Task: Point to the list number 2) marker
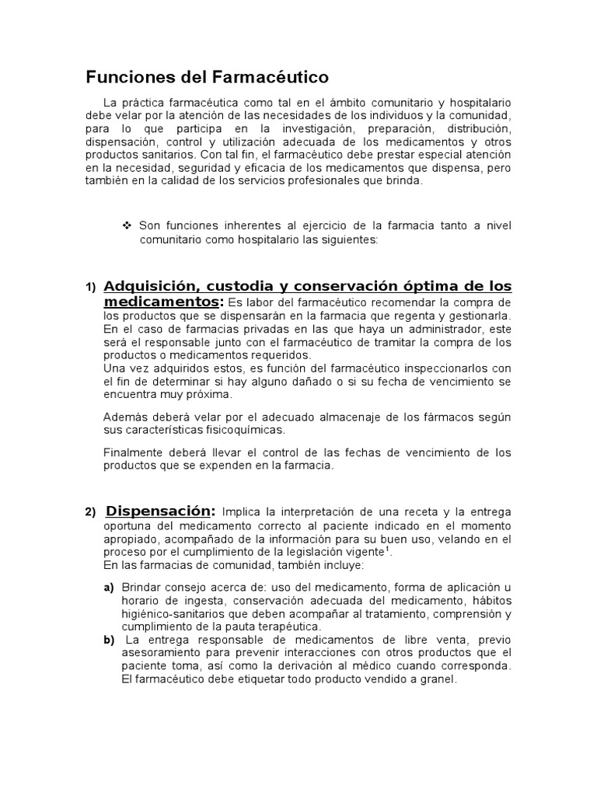90,511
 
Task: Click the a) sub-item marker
109,587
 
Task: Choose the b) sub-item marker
109,640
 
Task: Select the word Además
124,417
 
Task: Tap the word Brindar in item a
140,587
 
